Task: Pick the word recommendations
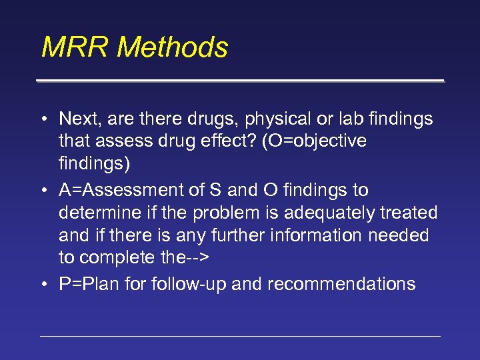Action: point(341,284)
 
